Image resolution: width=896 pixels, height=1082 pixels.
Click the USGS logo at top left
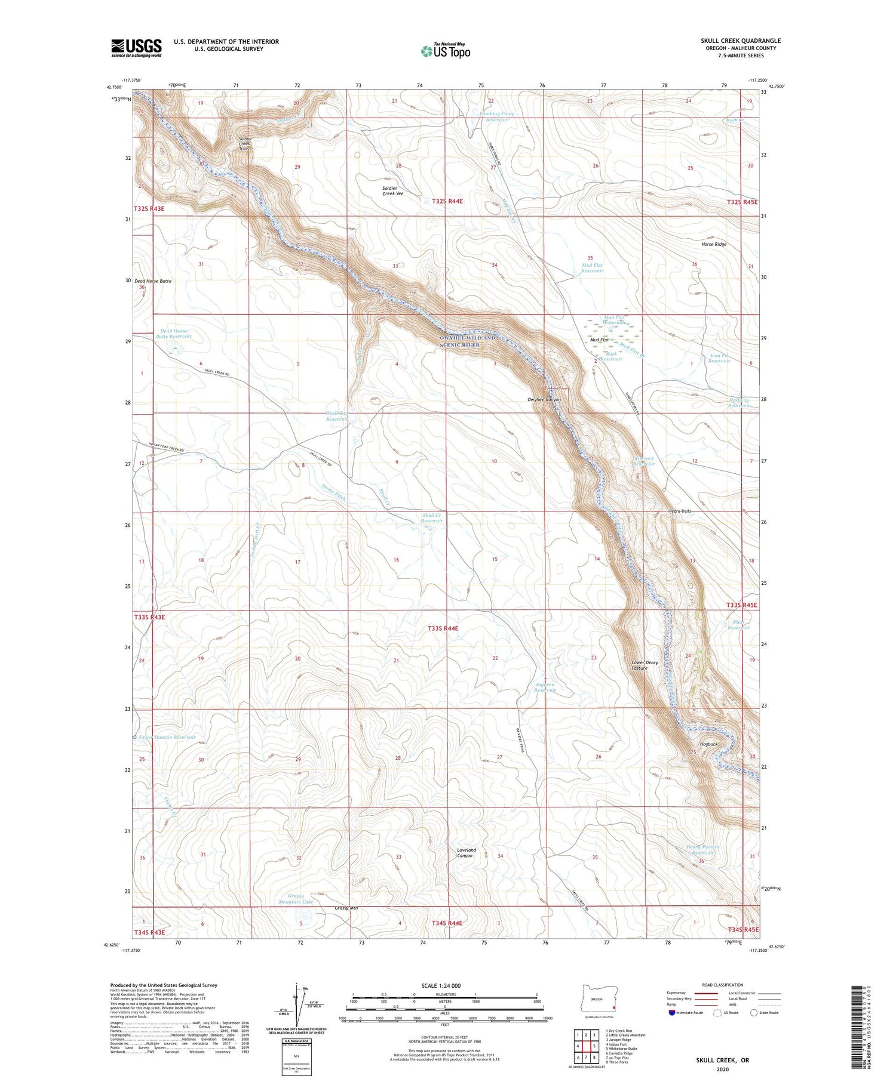pyautogui.click(x=136, y=48)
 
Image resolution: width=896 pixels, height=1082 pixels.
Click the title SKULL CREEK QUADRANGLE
pyautogui.click(x=741, y=41)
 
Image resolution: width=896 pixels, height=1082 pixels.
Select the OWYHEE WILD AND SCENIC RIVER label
pyautogui.click(x=467, y=341)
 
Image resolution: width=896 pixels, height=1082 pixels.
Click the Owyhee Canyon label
pyautogui.click(x=544, y=399)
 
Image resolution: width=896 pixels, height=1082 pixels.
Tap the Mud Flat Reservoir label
pyautogui.click(x=592, y=268)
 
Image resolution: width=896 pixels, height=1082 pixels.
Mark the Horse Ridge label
pyautogui.click(x=714, y=244)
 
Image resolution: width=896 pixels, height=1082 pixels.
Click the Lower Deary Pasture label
pyautogui.click(x=645, y=665)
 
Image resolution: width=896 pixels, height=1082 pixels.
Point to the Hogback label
pyautogui.click(x=709, y=744)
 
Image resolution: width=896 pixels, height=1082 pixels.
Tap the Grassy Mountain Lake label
pyautogui.click(x=296, y=899)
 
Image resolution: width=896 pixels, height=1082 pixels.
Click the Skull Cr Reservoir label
pyautogui.click(x=432, y=517)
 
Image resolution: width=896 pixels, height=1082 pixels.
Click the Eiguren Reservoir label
pyautogui.click(x=545, y=687)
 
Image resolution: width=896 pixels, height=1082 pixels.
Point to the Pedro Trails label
pyautogui.click(x=680, y=511)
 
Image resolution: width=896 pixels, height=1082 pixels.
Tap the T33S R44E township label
pyautogui.click(x=443, y=628)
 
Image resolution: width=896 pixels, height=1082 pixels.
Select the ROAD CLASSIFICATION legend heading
pyautogui.click(x=723, y=985)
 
